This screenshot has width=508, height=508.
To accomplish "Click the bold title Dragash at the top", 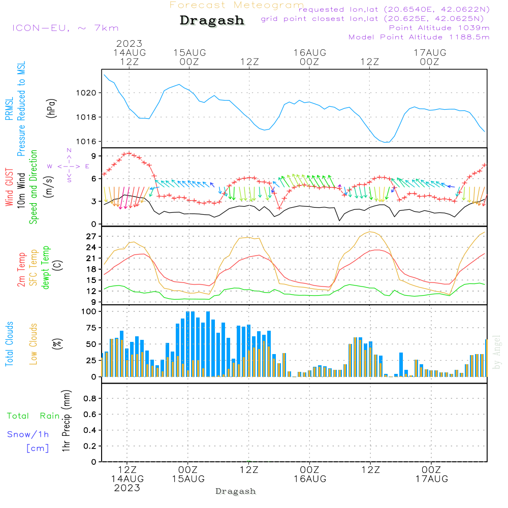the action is coord(212,20).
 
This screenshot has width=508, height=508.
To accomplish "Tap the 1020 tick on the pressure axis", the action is coord(86,93).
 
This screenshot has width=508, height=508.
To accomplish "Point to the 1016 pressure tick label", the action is coord(86,142).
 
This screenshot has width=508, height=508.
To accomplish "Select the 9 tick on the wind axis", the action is coord(93,156).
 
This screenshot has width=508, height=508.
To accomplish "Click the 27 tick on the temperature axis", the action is coord(91,237).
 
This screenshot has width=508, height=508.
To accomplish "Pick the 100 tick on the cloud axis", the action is coord(88,311).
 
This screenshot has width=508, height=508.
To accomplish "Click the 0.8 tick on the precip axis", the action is coord(90,398).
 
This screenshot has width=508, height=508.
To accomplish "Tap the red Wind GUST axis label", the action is coord(9,187).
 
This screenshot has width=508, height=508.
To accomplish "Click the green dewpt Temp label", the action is coord(45,267).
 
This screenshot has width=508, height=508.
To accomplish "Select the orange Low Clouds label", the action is coord(33,344).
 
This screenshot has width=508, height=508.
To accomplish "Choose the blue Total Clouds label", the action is coord(9,344).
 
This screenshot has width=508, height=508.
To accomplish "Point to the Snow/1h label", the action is coord(28,434).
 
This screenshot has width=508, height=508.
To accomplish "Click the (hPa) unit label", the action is coord(51,108).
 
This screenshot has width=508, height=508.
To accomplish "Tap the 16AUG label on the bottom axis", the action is coord(310,479).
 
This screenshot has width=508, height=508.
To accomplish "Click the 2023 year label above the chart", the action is coord(129,43).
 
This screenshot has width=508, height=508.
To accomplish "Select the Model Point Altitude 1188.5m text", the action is coord(419,37).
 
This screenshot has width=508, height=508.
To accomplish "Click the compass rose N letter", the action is coord(69,150).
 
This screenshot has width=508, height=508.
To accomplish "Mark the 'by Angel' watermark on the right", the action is coord(497,352).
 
